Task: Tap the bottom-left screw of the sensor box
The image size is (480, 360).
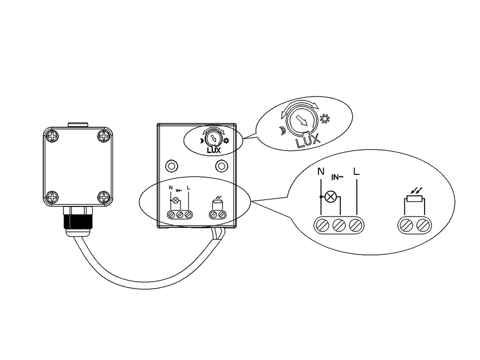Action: click(x=52, y=196)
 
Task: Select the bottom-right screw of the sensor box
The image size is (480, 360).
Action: click(x=103, y=196)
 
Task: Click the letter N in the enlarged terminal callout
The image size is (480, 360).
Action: click(x=320, y=172)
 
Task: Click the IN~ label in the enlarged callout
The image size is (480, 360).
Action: click(x=337, y=177)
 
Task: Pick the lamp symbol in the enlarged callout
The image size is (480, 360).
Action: click(x=331, y=197)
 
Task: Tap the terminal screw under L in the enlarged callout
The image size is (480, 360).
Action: click(x=356, y=225)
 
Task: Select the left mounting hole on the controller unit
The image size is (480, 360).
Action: click(x=171, y=165)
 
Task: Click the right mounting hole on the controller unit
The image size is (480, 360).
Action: click(x=220, y=165)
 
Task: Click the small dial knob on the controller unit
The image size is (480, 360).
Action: click(x=213, y=139)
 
